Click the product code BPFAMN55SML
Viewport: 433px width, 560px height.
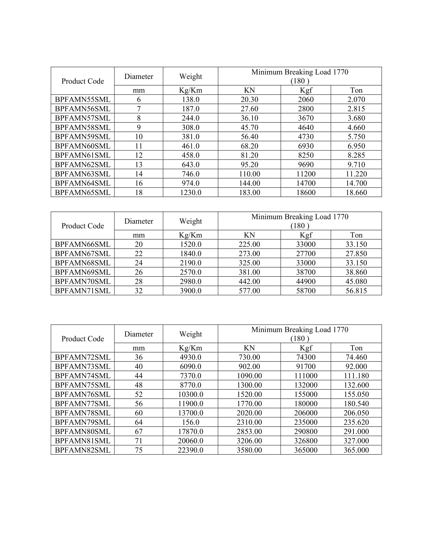83,100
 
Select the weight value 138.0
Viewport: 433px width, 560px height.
191,100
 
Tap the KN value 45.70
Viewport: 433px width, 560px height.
249,128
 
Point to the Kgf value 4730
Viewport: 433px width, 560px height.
306,137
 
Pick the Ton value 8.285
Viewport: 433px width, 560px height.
356,155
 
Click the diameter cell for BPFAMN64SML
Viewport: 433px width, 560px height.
139,183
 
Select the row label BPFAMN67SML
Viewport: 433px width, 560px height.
83,254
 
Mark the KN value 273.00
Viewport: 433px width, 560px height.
249,254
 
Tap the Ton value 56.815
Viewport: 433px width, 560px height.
356,291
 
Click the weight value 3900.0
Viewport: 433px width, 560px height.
191,291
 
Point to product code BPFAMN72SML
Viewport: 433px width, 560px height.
83,357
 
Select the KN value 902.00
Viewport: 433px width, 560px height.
249,366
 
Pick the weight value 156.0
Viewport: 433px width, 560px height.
191,422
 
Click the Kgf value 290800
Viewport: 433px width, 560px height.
306,431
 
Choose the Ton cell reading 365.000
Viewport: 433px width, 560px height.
356,450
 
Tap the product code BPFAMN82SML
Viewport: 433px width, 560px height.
83,450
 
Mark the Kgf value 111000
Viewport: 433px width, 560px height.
306,376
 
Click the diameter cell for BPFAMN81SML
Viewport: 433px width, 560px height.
139,441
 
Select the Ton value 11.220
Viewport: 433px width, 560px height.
356,174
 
